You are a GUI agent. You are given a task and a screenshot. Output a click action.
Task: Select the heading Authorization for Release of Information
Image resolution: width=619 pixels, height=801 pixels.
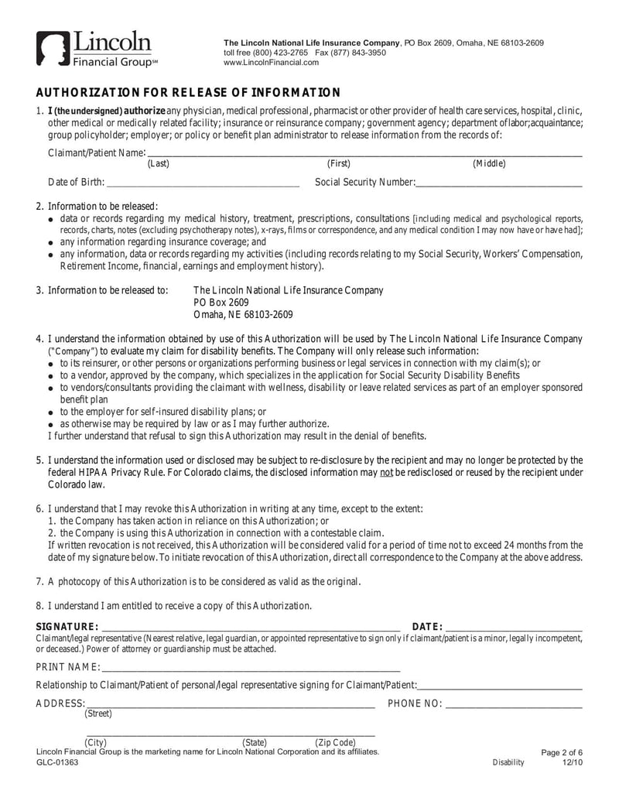point(188,93)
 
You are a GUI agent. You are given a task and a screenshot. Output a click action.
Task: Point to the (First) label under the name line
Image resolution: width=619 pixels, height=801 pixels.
point(339,163)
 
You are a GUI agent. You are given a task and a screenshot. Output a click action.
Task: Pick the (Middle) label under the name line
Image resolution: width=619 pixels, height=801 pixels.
point(489,163)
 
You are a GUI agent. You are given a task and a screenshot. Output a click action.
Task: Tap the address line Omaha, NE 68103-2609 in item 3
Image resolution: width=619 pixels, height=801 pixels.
point(242,314)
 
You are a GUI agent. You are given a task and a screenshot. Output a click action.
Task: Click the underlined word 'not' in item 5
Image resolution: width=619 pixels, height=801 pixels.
point(387,472)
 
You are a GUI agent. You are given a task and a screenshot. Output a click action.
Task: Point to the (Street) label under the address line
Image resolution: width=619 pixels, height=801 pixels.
point(98,714)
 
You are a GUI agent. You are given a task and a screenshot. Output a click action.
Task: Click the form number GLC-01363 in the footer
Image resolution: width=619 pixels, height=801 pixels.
point(57,762)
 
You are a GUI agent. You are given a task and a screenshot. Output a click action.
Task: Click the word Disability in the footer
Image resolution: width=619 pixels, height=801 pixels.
point(508,762)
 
